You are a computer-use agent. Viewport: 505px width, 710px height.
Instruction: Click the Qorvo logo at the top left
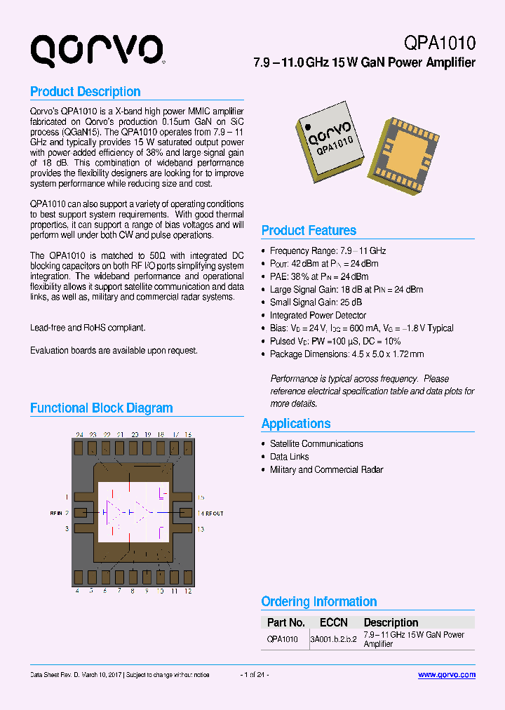click(x=96, y=51)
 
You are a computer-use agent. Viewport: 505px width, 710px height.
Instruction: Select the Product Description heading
click(x=85, y=92)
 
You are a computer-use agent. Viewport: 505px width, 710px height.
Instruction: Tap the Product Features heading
click(x=309, y=231)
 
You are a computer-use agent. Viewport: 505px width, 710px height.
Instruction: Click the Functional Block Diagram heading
click(x=101, y=408)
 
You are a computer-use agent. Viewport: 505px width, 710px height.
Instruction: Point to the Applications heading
click(x=295, y=424)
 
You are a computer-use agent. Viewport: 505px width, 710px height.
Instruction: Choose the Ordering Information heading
click(x=318, y=602)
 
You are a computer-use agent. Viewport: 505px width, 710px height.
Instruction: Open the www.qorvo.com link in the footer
click(x=446, y=675)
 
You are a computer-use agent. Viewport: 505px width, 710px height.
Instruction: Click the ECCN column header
click(x=333, y=622)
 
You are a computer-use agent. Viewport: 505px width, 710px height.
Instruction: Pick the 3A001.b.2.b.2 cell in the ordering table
click(x=333, y=639)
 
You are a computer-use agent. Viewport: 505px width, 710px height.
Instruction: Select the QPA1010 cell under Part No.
click(x=283, y=639)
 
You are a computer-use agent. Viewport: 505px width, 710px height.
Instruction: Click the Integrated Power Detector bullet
click(x=318, y=315)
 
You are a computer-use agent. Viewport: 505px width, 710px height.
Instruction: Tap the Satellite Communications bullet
click(x=316, y=443)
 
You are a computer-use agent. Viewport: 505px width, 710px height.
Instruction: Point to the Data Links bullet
click(x=289, y=457)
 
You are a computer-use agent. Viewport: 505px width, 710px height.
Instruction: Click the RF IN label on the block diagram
click(x=56, y=514)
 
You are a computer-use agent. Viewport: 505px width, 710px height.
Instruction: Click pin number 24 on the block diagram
click(x=79, y=435)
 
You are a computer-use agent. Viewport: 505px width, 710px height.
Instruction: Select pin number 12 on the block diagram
click(x=188, y=591)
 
